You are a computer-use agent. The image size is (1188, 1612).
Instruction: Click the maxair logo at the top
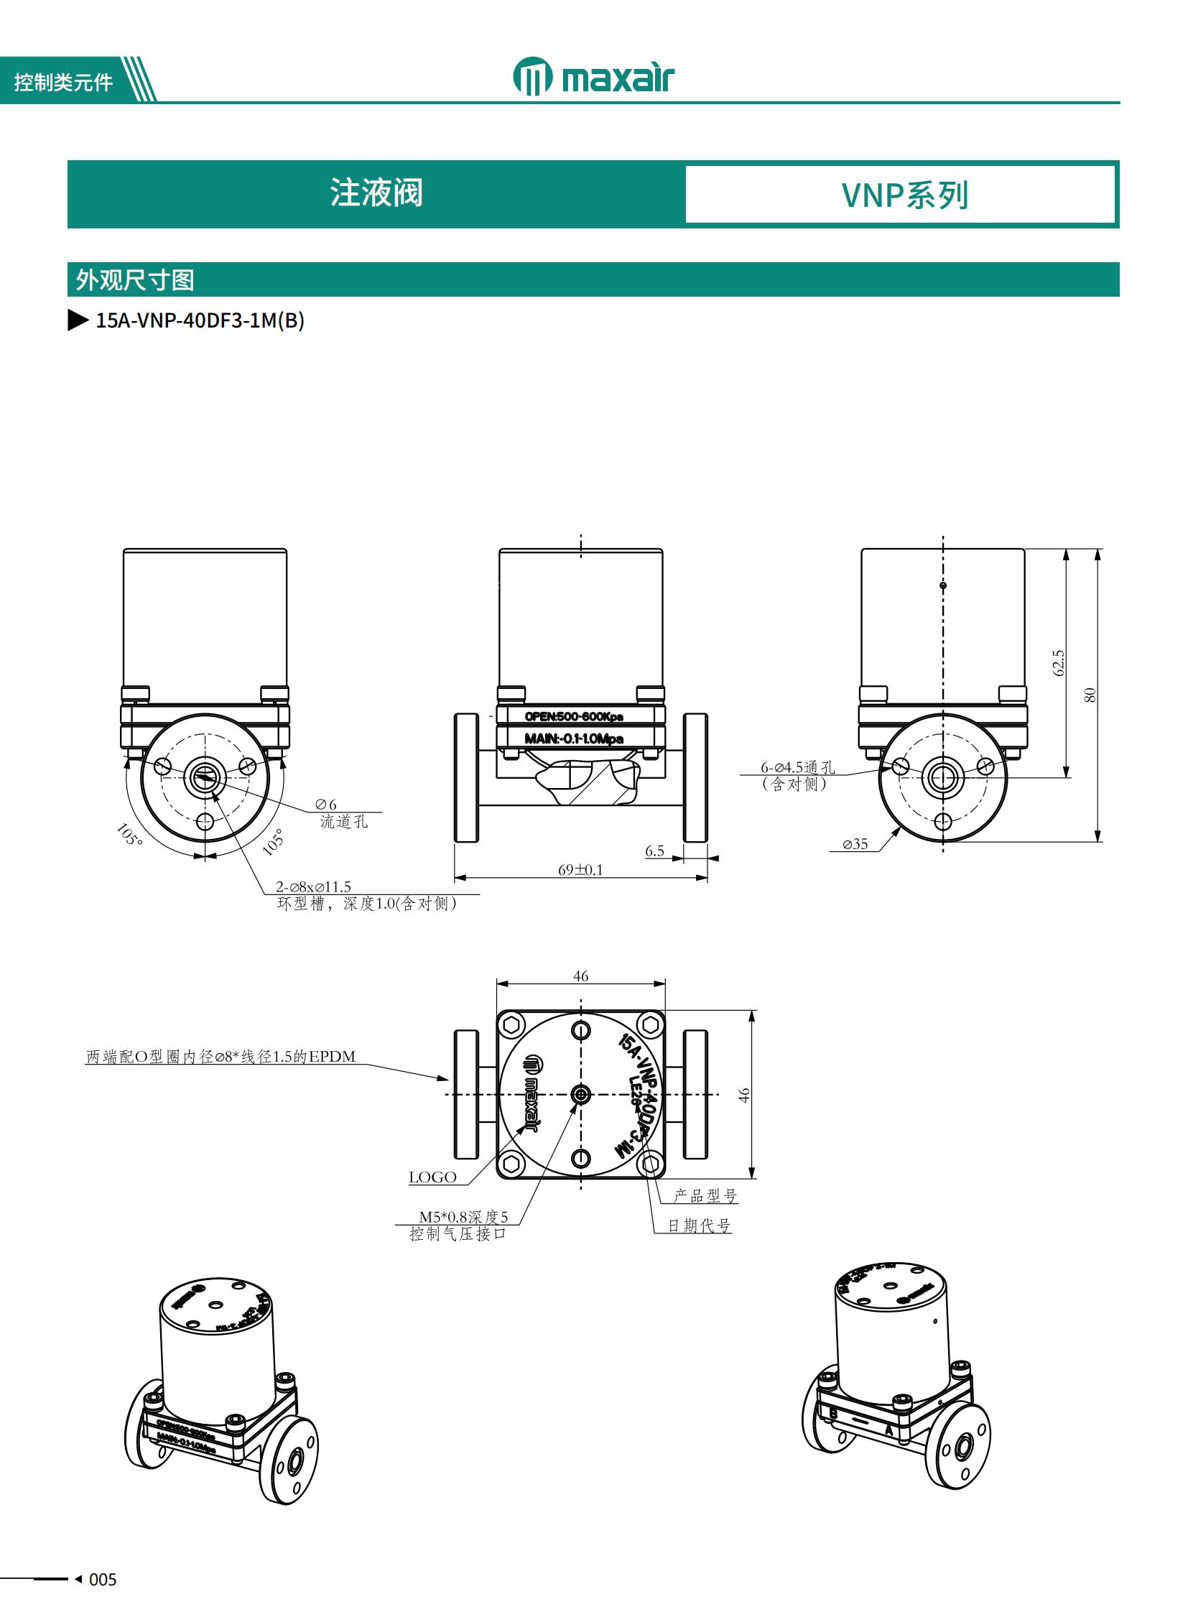pyautogui.click(x=593, y=77)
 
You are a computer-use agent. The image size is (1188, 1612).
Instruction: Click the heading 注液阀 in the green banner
pyautogui.click(x=376, y=193)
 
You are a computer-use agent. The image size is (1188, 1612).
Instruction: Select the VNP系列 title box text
pyautogui.click(x=905, y=195)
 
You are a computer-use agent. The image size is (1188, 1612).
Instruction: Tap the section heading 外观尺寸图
pyautogui.click(x=135, y=280)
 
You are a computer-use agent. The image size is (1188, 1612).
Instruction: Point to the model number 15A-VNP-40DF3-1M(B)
pyautogui.click(x=200, y=320)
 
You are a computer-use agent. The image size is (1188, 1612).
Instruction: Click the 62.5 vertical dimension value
pyautogui.click(x=1058, y=662)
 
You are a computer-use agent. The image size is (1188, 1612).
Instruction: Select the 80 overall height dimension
pyautogui.click(x=1090, y=695)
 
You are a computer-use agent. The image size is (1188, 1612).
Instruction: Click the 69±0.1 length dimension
pyautogui.click(x=580, y=870)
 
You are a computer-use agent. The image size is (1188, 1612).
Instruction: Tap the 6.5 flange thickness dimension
pyautogui.click(x=654, y=851)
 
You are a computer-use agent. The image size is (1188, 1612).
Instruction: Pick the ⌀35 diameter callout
pyautogui.click(x=855, y=845)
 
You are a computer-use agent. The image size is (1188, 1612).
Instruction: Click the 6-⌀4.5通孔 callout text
pyautogui.click(x=797, y=767)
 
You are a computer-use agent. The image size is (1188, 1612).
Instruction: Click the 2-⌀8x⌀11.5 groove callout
pyautogui.click(x=314, y=887)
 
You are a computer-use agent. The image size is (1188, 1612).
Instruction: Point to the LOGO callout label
pyautogui.click(x=432, y=1177)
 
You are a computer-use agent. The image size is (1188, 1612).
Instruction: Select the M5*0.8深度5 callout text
pyautogui.click(x=463, y=1217)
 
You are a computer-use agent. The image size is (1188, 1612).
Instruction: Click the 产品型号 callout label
pyautogui.click(x=705, y=1195)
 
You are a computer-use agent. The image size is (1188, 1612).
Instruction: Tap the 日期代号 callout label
pyautogui.click(x=699, y=1226)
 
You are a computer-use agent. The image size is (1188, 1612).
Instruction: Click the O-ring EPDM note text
pyautogui.click(x=221, y=1057)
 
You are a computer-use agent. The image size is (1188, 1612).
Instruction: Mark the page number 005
pyautogui.click(x=102, y=1580)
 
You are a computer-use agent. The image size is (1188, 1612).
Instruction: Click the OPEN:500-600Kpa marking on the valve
pyautogui.click(x=573, y=716)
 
